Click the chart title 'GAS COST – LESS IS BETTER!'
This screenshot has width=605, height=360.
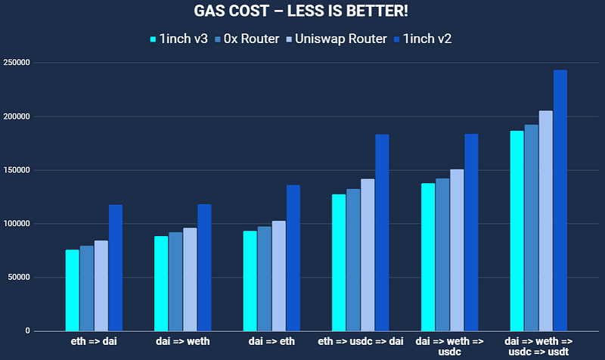tap(302, 14)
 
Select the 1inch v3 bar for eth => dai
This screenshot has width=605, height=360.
tap(72, 290)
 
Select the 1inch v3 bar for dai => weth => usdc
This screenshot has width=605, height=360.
tap(427, 257)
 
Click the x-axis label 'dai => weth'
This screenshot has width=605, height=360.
tap(182, 342)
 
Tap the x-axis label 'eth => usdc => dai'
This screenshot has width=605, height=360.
tap(360, 342)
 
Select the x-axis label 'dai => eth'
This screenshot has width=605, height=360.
tap(271, 342)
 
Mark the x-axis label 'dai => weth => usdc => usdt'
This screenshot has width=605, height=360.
tap(538, 346)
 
